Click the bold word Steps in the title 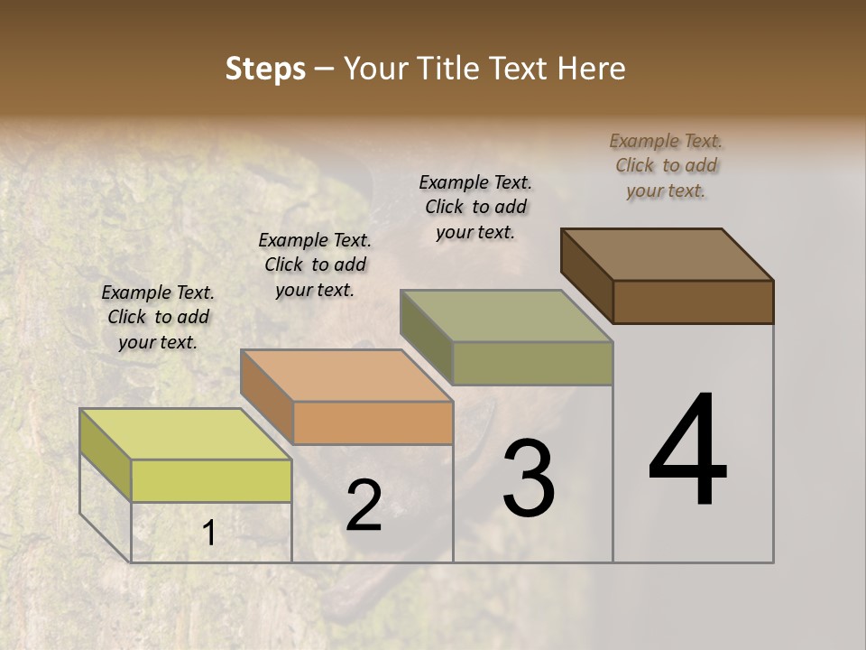point(265,69)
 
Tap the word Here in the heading point(590,69)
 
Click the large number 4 point(688,451)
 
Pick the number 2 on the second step point(364,506)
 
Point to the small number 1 point(208,534)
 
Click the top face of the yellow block point(186,433)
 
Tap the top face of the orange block point(346,375)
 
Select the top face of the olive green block point(506,316)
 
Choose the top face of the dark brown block point(668,255)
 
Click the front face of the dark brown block point(693,302)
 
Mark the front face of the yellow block point(211,480)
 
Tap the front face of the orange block point(373,422)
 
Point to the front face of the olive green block point(532,363)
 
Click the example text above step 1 point(158,317)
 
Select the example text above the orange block point(315,265)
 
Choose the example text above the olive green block point(475,207)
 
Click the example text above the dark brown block point(666,165)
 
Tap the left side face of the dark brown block point(587,275)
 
